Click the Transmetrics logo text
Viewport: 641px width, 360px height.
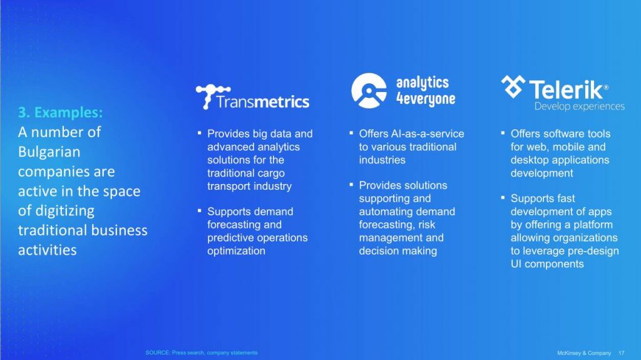tap(262, 101)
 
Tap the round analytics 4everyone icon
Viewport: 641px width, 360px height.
tap(369, 90)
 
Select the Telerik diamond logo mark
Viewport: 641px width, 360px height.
tap(513, 86)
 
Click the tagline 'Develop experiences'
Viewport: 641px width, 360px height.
tap(579, 106)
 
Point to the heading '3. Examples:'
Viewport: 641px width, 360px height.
tap(60, 112)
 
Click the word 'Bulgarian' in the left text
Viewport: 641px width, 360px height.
tap(49, 152)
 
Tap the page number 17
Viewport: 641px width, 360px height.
tap(622, 352)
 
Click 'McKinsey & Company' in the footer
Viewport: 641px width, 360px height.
tap(584, 352)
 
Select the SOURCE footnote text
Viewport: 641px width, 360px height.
tap(202, 352)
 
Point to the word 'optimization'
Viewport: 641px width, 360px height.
tap(236, 251)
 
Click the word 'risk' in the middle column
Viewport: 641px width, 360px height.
tap(426, 225)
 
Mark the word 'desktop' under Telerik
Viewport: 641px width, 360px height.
tap(529, 160)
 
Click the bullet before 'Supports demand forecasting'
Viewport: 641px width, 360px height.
tap(200, 211)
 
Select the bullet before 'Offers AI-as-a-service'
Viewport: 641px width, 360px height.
tap(351, 133)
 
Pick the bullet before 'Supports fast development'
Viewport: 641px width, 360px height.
tap(503, 198)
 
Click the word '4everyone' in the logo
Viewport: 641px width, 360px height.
tap(426, 98)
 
